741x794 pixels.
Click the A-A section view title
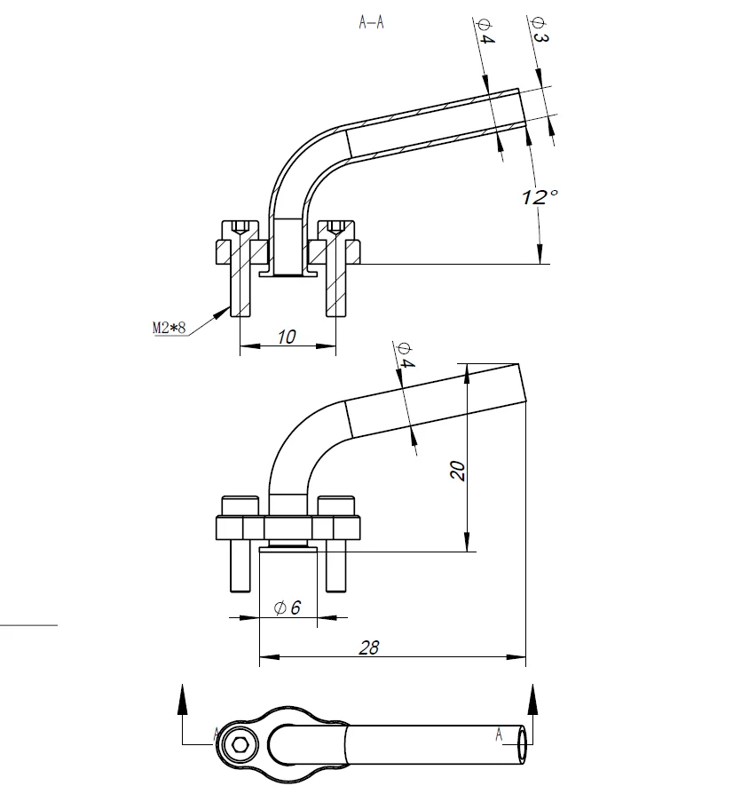pyautogui.click(x=371, y=22)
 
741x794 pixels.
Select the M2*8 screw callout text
pyautogui.click(x=169, y=328)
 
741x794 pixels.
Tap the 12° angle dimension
pyautogui.click(x=540, y=196)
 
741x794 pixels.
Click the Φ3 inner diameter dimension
pyautogui.click(x=540, y=30)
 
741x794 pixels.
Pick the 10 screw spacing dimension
pyautogui.click(x=287, y=337)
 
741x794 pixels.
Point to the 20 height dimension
pyautogui.click(x=457, y=471)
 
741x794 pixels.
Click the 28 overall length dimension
pyautogui.click(x=369, y=647)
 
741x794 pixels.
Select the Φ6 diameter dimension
pyautogui.click(x=288, y=607)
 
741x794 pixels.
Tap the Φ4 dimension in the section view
pyautogui.click(x=485, y=31)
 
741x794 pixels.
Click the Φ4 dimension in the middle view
pyautogui.click(x=406, y=355)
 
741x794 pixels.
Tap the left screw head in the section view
pyautogui.click(x=240, y=230)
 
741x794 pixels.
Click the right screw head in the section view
pyautogui.click(x=335, y=230)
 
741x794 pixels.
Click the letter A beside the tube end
pyautogui.click(x=500, y=734)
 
